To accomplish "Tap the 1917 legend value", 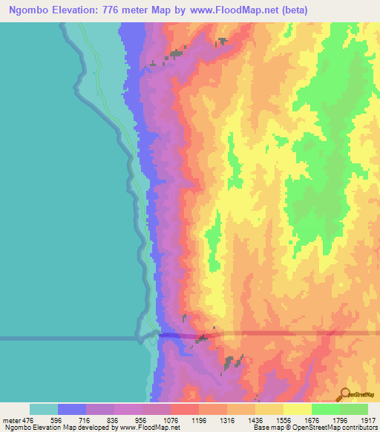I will coord(367,420).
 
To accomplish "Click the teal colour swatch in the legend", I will coord(43,409).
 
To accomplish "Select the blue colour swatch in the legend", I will coord(71,409).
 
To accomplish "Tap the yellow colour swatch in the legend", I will coord(297,409).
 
